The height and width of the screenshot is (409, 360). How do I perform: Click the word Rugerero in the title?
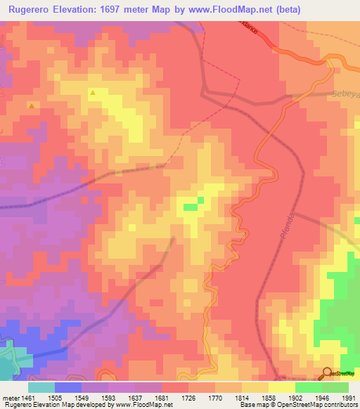point(29,10)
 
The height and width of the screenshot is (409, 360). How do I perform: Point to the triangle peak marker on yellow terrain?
point(93,92)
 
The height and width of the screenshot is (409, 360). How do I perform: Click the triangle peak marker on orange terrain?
point(32,105)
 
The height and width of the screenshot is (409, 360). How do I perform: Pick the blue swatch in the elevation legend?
point(68,387)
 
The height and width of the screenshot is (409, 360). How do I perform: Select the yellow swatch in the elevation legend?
point(281,387)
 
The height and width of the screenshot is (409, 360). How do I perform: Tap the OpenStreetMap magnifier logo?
point(328,372)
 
